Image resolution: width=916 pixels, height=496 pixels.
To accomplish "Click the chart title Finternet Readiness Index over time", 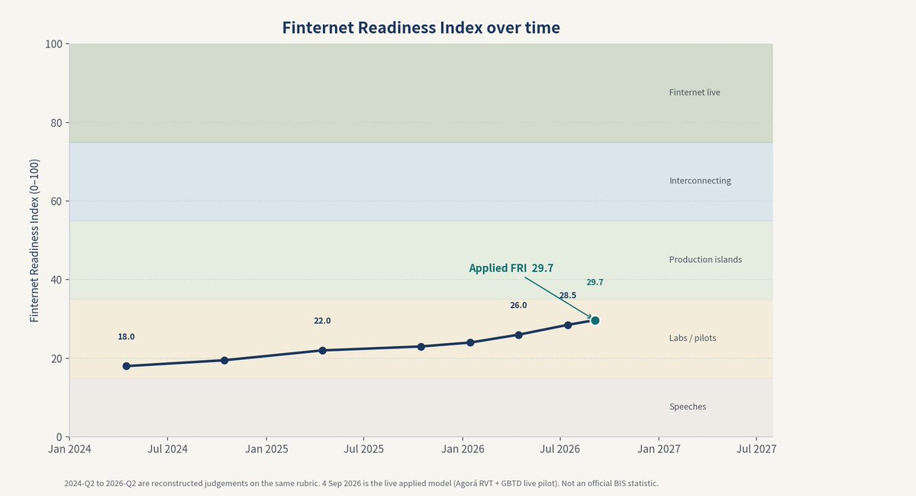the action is tap(421, 28).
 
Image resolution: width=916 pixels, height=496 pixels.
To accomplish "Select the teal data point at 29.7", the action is tap(595, 321).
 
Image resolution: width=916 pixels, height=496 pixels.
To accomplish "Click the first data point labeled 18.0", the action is tap(127, 366).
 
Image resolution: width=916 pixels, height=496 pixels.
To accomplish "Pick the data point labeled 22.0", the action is tap(322, 351).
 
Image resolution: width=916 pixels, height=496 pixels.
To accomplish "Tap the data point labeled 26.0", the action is tap(518, 335).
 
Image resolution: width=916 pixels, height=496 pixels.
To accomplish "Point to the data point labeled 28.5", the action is tap(568, 326).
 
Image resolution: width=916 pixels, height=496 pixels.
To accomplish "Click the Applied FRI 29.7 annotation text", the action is tap(511, 268).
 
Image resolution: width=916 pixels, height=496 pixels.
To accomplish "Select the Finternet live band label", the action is tap(695, 92).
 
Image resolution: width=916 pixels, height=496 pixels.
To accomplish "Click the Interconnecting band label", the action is tap(700, 180).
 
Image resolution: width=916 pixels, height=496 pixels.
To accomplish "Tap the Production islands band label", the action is tap(705, 260).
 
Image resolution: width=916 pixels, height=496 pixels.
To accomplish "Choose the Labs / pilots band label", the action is tap(692, 339).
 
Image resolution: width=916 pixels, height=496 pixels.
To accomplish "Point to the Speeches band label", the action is tap(688, 407).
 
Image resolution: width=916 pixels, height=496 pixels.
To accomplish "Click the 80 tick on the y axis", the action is tap(56, 123).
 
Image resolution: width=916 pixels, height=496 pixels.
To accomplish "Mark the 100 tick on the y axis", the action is tap(53, 44).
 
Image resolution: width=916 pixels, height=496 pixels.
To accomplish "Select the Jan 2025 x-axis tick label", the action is tap(266, 449).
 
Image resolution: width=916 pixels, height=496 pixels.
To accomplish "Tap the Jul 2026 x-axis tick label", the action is tap(560, 449).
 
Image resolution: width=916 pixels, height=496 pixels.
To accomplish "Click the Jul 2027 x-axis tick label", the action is tap(756, 449).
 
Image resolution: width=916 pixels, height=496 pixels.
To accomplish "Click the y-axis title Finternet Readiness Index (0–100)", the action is tap(34, 241).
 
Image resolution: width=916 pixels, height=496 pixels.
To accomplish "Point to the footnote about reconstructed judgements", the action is tap(361, 483).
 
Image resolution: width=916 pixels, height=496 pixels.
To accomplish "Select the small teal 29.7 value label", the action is tap(595, 282).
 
